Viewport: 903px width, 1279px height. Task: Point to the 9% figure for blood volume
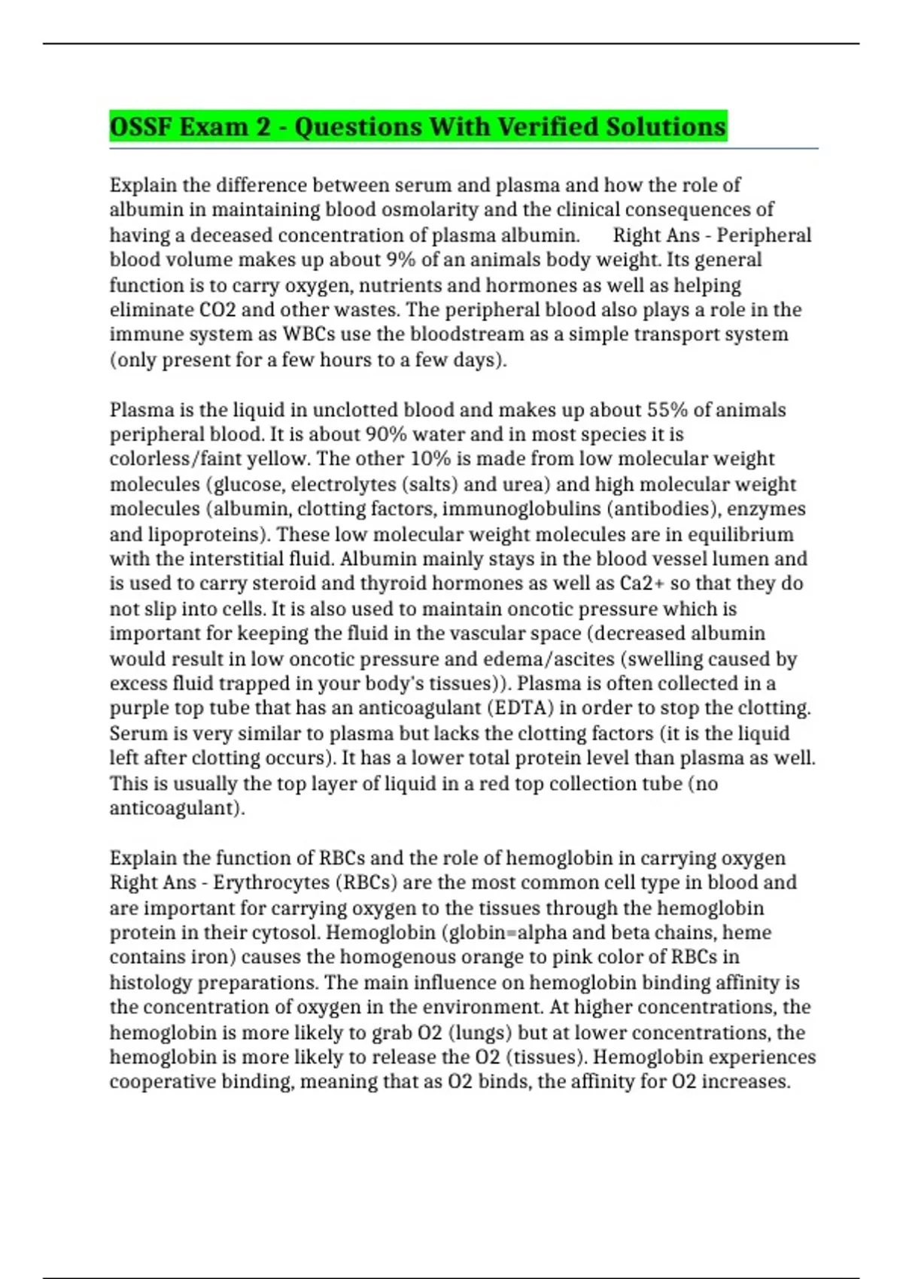point(401,260)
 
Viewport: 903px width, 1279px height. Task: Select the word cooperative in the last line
point(163,1083)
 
